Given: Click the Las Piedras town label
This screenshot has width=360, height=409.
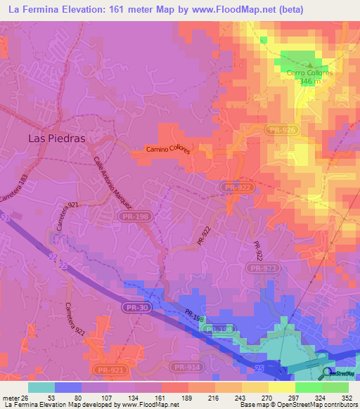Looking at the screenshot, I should point(56,138).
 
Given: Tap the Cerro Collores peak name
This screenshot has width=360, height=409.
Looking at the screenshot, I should point(309,72).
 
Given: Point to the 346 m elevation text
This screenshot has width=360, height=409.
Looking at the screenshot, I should point(309,82).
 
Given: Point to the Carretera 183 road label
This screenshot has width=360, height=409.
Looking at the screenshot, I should point(18,190).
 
